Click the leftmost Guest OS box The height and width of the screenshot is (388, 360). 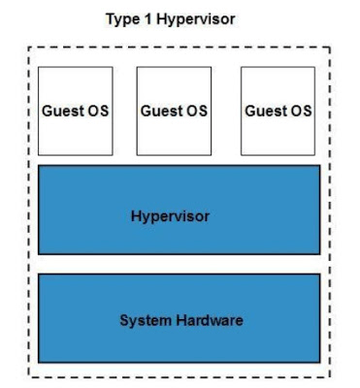coord(76,111)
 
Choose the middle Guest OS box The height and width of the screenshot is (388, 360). coord(174,111)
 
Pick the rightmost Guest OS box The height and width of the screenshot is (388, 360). coord(278,111)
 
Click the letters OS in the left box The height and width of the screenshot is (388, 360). coord(97,111)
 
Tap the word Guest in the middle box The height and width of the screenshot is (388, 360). coord(161,111)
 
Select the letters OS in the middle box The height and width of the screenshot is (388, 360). coord(196,111)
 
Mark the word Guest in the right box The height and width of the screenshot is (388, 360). coord(265,111)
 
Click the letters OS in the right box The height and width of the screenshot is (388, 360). coord(300,111)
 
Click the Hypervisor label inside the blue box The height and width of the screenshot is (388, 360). coord(170,215)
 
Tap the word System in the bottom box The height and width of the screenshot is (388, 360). coord(143,320)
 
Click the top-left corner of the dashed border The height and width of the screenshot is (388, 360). coord(28,48)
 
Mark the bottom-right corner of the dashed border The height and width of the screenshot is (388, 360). coord(330,377)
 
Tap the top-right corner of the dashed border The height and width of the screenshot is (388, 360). coord(330,48)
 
